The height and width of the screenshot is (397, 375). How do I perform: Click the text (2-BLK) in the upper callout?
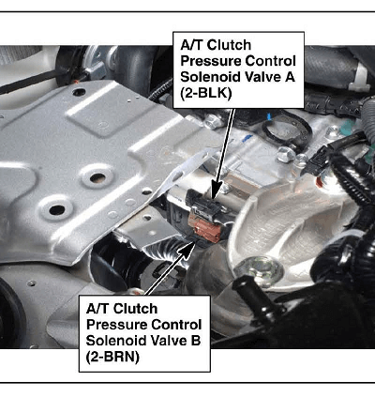(x=206, y=94)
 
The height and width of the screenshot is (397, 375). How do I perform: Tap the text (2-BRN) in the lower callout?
(x=112, y=357)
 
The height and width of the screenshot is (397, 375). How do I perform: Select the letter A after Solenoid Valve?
(x=290, y=77)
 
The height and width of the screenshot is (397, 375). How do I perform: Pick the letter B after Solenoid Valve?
(x=195, y=341)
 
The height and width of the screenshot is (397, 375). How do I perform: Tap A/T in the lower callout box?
(x=97, y=309)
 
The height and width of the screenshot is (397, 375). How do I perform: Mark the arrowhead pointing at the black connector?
(x=217, y=191)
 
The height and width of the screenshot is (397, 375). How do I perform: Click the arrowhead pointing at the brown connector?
(x=187, y=251)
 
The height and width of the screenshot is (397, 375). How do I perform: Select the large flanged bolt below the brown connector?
(x=259, y=270)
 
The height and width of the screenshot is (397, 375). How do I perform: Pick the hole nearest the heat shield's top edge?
(x=79, y=92)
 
